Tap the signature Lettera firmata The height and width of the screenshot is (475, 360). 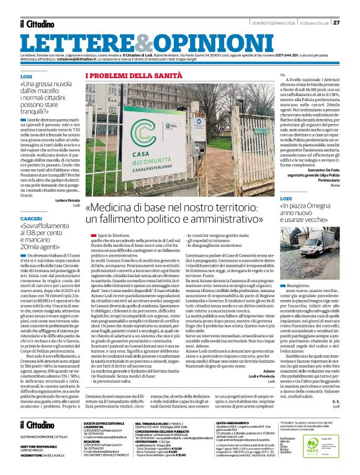click(x=68, y=200)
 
